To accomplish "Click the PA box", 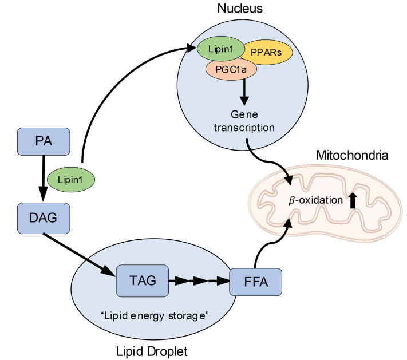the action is tap(44, 141).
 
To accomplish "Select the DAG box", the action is tap(44, 218).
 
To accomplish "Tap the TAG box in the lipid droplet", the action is tap(143, 280).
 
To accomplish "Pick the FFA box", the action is tap(256, 282).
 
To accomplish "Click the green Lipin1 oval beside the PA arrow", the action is tap(70, 180).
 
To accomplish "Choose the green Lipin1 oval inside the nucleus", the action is tap(221, 49).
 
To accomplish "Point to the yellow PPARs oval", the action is tap(266, 52).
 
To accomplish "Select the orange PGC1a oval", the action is tap(231, 69).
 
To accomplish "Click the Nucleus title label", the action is tap(240, 9).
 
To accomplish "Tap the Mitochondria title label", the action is tap(352, 155).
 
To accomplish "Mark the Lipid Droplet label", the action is tap(152, 351).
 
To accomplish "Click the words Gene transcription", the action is tap(244, 121).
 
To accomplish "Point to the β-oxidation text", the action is tap(315, 200).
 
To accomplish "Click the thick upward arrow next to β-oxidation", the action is tap(353, 200).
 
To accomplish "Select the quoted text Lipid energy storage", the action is tap(155, 316).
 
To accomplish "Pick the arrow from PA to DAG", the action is tap(43, 179).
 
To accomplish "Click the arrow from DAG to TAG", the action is tap(80, 255).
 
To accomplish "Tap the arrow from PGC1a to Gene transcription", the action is tap(244, 92).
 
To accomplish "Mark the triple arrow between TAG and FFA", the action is tap(199, 280).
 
